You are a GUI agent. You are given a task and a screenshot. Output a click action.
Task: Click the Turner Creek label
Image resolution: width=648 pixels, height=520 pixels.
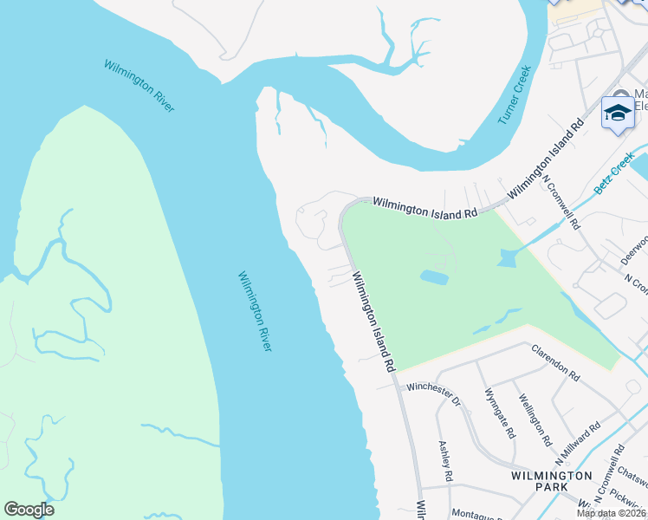point(515,94)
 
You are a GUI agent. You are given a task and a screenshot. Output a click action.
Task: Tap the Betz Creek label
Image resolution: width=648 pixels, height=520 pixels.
point(615,174)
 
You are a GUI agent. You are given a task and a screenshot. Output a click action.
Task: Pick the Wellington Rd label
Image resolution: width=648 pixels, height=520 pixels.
point(535,419)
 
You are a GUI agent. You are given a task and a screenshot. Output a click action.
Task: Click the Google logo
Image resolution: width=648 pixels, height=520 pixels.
point(29,510)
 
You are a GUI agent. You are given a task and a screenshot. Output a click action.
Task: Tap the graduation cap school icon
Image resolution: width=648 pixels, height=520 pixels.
point(619,114)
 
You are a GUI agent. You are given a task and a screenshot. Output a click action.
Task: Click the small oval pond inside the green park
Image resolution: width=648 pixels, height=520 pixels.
point(434,277)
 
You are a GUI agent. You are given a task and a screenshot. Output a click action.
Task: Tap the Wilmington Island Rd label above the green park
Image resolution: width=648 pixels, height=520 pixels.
point(424,207)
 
